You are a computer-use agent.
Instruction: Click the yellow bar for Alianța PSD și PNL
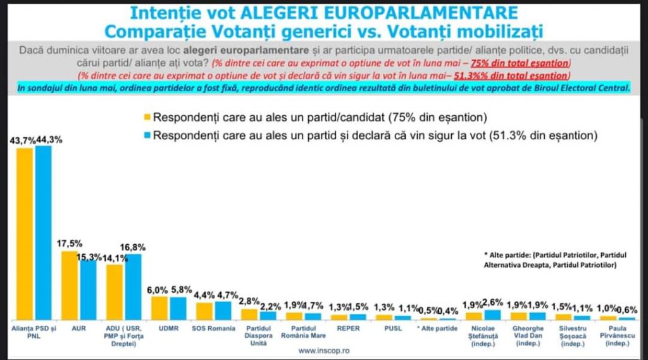[25, 234]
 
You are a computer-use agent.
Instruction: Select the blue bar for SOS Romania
[223, 311]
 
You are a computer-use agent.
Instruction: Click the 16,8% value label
[134, 247]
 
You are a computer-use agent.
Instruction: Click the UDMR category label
[168, 329]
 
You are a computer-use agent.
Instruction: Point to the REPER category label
[349, 329]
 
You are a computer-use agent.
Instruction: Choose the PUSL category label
[393, 329]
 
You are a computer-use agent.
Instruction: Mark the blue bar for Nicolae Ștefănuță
[492, 314]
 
